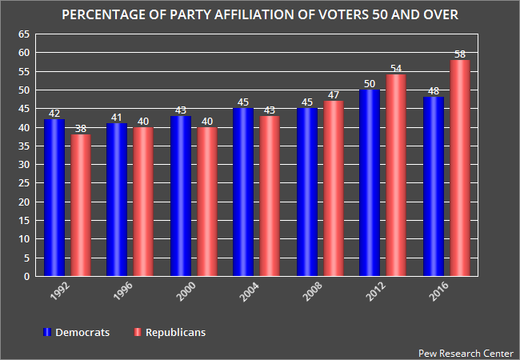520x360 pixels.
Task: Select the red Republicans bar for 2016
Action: pyautogui.click(x=458, y=168)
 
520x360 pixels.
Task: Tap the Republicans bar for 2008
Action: pyautogui.click(x=333, y=189)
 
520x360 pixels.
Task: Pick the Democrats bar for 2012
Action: pyautogui.click(x=370, y=183)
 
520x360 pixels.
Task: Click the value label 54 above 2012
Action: pyautogui.click(x=396, y=69)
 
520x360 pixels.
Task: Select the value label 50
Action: pyautogui.click(x=370, y=84)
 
